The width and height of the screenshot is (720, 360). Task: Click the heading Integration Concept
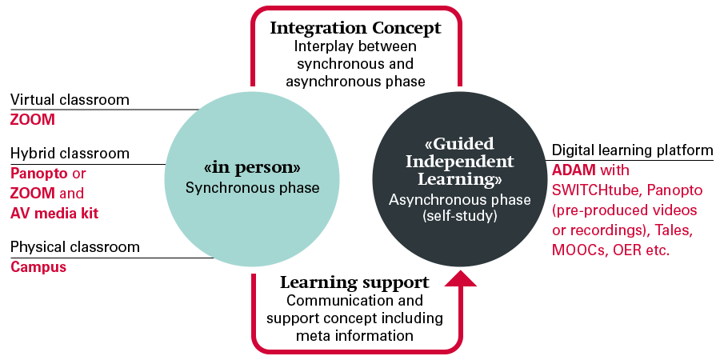coord(355,28)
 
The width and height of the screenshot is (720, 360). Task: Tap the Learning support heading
coord(354,282)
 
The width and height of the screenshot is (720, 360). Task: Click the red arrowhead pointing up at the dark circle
coord(459,277)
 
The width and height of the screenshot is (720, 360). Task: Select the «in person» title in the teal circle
coord(252,168)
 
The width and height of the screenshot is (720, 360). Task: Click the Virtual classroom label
coord(70,100)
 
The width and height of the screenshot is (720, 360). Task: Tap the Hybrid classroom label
coord(70,153)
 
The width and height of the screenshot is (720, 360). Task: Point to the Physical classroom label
coord(74,246)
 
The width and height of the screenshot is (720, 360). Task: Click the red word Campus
coord(38,266)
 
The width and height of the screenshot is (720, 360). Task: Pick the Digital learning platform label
coord(632,150)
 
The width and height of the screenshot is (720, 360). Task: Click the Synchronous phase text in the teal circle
coord(252,189)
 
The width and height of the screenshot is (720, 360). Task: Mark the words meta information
coord(354,336)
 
